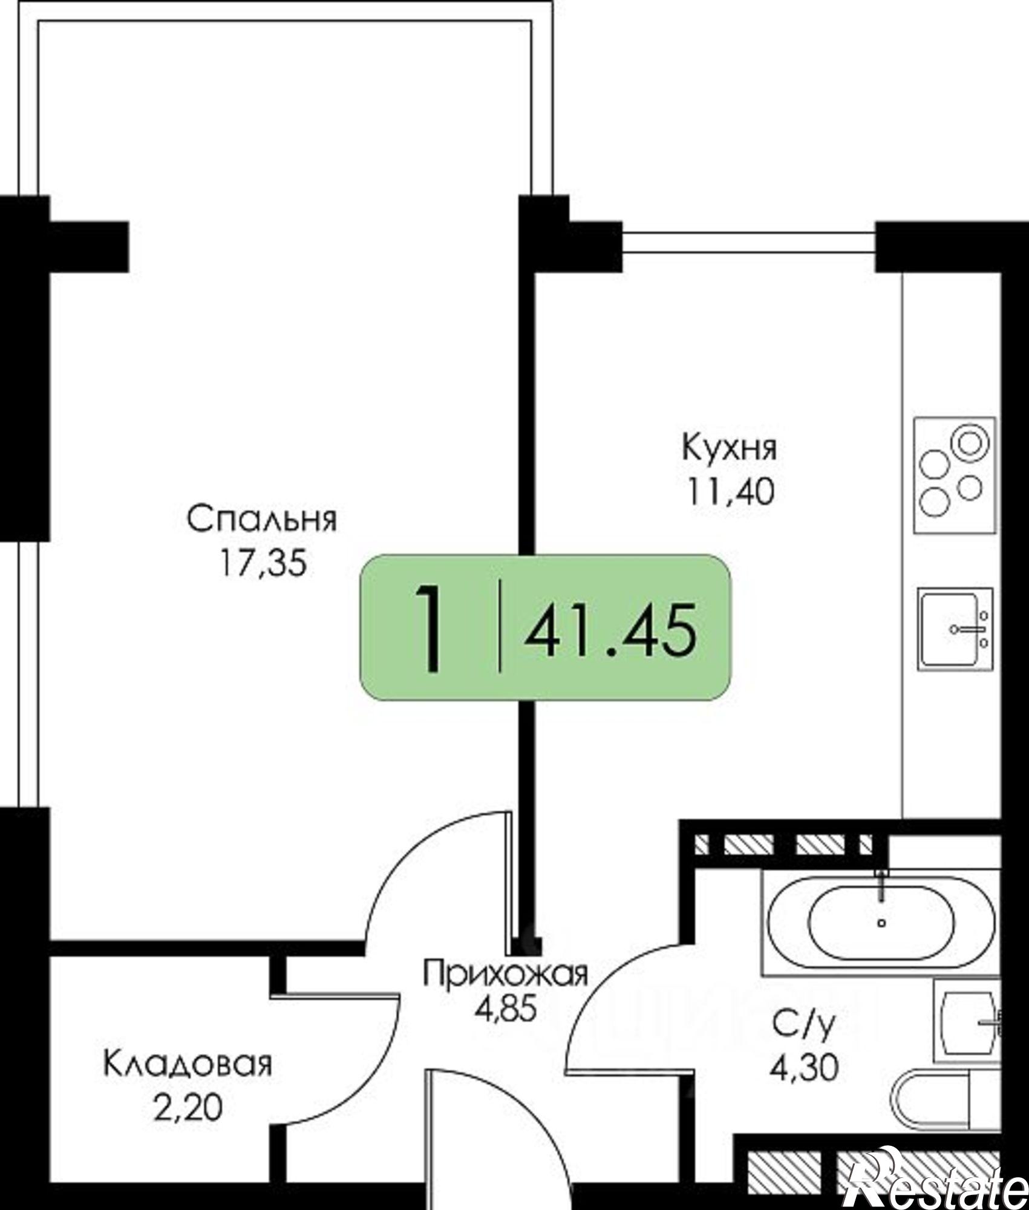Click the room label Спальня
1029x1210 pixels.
pos(261,520)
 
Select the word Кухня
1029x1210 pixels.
pos(730,448)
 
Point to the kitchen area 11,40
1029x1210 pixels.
pos(730,492)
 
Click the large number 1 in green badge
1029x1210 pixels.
pos(431,629)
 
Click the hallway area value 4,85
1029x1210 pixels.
pos(505,1010)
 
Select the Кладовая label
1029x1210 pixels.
pos(188,1065)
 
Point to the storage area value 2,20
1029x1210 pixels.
pos(188,1108)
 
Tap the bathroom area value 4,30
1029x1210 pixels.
pos(804,1068)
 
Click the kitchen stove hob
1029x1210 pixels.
pos(955,475)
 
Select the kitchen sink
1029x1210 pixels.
pos(955,629)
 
